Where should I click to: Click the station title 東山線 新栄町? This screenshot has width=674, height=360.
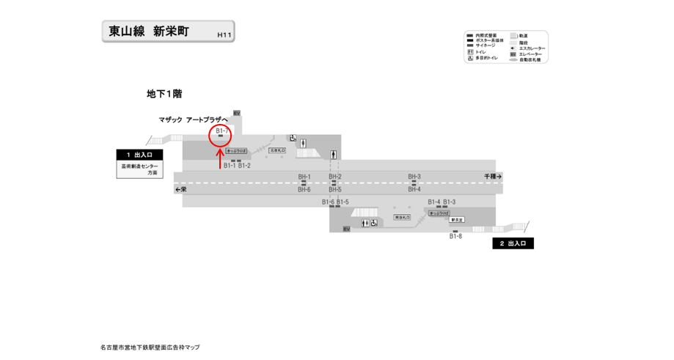[x=149, y=32]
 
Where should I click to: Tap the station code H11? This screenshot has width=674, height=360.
[x=224, y=34]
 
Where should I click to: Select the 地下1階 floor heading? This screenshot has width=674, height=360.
[x=164, y=94]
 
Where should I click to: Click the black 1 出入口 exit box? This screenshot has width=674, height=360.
[x=139, y=155]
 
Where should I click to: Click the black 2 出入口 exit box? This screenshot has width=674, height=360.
[x=513, y=243]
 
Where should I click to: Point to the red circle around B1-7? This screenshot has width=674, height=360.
[x=221, y=135]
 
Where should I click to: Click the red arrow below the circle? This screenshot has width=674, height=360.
[x=220, y=158]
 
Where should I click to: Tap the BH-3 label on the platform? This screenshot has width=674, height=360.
[x=414, y=177]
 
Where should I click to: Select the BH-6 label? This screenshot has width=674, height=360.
[x=304, y=190]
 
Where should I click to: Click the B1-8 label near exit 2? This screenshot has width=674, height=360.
[x=455, y=236]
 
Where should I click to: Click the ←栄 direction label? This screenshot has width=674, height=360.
[x=180, y=189]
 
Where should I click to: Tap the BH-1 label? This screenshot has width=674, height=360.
[x=304, y=177]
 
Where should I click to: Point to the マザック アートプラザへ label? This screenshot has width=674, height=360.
[x=194, y=120]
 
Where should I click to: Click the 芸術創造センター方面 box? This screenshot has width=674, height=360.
[x=139, y=170]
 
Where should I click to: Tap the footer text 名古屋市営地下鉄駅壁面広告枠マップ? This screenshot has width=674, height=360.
[x=150, y=348]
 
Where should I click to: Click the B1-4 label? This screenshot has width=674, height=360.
[x=434, y=202]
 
